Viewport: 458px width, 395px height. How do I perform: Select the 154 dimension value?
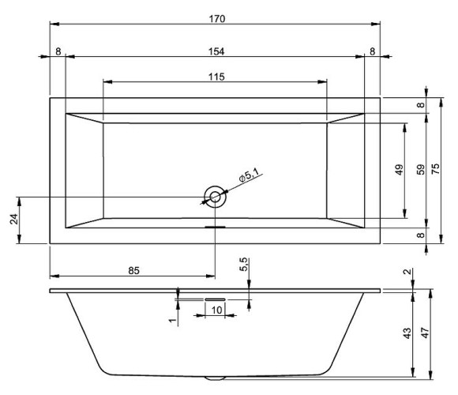point(216,51)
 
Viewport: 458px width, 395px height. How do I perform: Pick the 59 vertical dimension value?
point(421,169)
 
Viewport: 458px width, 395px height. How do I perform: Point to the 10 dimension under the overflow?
point(216,309)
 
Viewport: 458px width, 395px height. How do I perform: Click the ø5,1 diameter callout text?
point(248,178)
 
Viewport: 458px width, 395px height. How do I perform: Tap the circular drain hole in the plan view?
point(215,197)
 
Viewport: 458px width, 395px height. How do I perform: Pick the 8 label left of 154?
point(58,51)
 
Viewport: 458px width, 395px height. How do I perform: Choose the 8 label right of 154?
point(372,51)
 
